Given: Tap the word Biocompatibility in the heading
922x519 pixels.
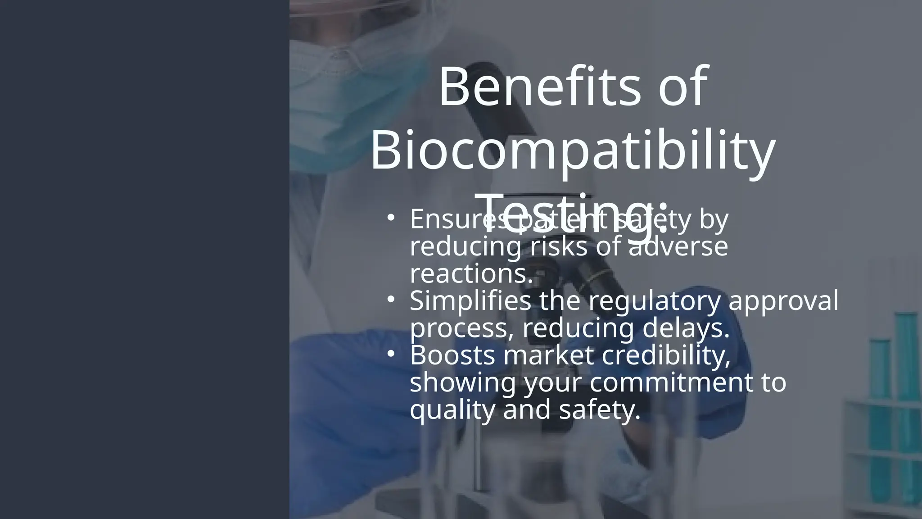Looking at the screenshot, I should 573,150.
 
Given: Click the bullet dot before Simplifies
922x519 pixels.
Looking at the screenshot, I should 391,299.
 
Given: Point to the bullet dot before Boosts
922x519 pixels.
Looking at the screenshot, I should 391,354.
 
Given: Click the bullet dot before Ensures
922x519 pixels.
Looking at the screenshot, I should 391,218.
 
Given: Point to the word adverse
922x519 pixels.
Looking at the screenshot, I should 678,246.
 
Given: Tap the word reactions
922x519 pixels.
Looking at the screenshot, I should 471,273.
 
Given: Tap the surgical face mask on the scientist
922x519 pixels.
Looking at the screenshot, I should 356,104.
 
